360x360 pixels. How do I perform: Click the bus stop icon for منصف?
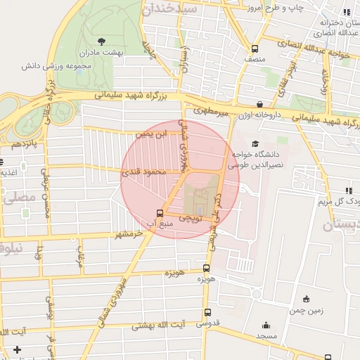point(255,49)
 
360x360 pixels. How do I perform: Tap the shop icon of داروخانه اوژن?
point(259,104)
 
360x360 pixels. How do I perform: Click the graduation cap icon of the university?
point(255,143)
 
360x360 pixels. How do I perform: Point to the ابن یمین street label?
point(153,132)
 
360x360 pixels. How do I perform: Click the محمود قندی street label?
point(146,172)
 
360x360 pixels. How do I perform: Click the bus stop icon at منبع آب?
point(160,213)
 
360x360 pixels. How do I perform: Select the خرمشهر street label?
point(131,233)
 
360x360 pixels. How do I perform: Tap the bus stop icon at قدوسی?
point(207,313)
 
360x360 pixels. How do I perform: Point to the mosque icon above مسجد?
point(266,326)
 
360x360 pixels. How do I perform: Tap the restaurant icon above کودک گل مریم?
point(347,190)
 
